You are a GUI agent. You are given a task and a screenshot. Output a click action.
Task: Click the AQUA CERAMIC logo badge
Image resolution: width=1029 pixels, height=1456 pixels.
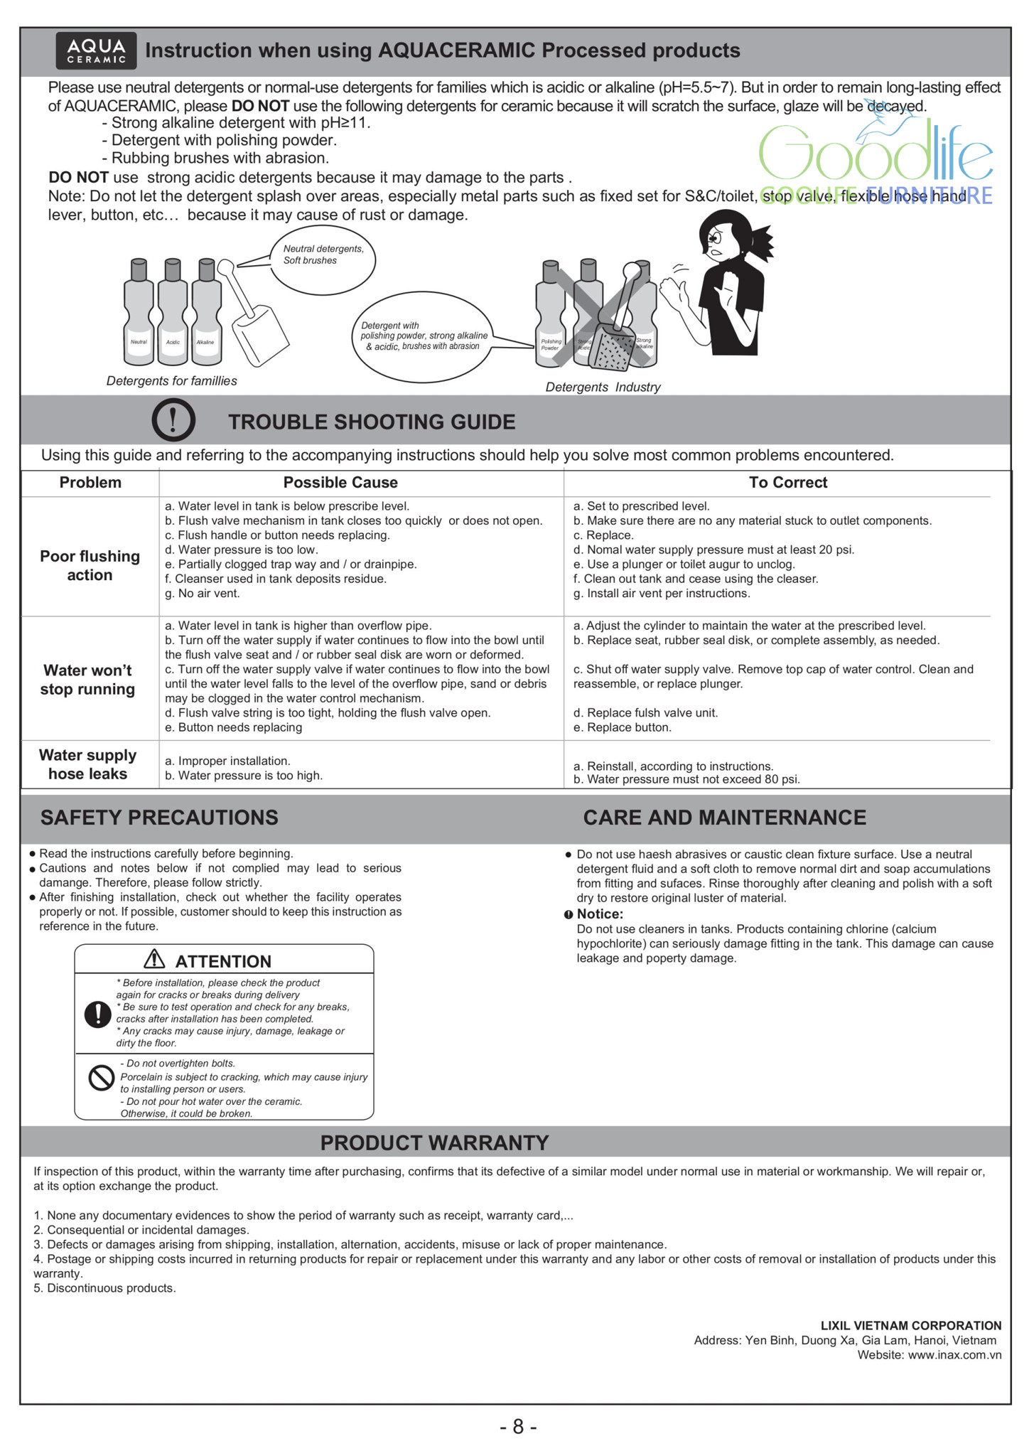tap(96, 50)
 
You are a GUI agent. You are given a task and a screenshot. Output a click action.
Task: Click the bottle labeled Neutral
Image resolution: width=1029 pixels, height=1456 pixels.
tap(139, 314)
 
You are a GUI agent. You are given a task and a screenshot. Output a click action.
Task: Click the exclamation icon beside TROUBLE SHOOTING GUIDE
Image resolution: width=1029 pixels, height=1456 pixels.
tap(173, 420)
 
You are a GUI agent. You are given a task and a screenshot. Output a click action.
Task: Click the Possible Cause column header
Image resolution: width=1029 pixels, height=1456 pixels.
tap(340, 483)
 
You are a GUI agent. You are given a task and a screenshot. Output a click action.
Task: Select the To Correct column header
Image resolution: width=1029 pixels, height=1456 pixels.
tap(788, 483)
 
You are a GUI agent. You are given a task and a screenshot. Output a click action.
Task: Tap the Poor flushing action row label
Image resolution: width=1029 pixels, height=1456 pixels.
tap(90, 566)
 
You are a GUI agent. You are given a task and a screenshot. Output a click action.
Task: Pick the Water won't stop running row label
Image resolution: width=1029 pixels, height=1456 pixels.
tap(87, 680)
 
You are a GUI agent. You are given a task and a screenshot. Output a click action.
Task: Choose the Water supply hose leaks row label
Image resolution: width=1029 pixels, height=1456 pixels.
tap(87, 764)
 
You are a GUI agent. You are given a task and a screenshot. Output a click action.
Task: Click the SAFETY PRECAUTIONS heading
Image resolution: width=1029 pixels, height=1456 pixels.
tap(159, 818)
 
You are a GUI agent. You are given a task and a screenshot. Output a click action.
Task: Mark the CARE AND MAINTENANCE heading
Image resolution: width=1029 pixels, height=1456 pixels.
tap(724, 818)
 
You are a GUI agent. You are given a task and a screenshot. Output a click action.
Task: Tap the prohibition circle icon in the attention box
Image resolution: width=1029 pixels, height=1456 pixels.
tap(101, 1078)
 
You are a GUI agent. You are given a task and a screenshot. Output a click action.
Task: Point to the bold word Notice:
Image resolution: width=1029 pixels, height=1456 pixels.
tap(600, 914)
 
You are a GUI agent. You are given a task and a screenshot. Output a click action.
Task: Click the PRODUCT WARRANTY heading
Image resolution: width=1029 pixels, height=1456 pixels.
tap(434, 1142)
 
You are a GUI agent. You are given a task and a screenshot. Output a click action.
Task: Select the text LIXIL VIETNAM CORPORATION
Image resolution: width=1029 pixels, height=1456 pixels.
tap(910, 1326)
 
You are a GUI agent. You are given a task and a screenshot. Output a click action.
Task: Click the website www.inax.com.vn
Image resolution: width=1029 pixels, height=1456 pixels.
tap(954, 1355)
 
